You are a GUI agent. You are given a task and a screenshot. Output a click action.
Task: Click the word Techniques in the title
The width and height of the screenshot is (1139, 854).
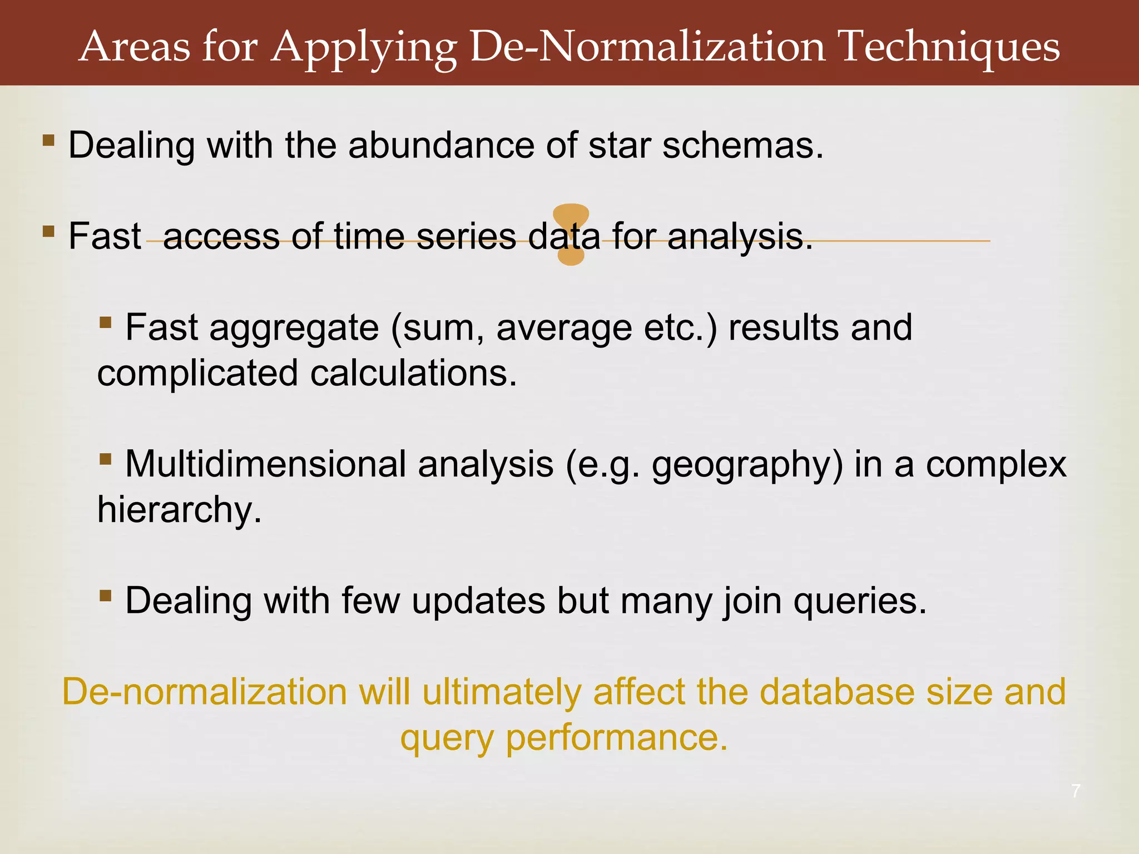(949, 47)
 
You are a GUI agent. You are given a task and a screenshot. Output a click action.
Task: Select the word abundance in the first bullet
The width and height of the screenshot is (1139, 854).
(441, 146)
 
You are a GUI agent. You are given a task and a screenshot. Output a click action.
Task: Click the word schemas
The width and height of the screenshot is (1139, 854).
(742, 146)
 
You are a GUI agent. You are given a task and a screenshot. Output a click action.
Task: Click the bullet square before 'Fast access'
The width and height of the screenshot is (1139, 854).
(48, 231)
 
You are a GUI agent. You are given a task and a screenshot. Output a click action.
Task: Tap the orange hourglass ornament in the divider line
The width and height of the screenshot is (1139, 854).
(571, 234)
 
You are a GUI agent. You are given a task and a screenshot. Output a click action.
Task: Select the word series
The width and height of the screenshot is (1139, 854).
(466, 236)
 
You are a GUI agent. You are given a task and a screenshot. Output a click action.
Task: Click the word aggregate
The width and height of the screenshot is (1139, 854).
(294, 328)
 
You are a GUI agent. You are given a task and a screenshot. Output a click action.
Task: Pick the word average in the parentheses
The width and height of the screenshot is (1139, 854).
(564, 328)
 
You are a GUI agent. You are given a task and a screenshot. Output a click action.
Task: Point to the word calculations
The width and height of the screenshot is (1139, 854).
(413, 373)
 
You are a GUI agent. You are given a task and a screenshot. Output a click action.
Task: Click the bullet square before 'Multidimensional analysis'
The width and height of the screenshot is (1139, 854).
(106, 459)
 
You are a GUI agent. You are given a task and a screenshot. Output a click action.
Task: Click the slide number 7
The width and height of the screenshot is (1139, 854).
(1076, 791)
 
